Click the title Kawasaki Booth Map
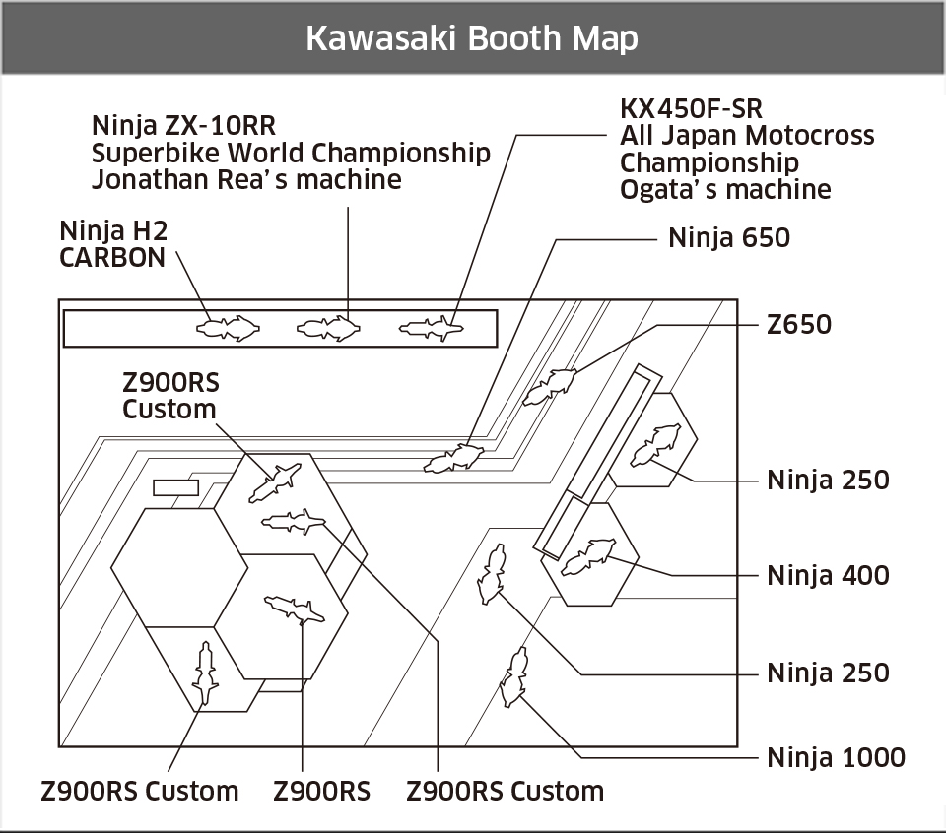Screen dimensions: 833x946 472,37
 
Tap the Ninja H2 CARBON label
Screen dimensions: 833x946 113,244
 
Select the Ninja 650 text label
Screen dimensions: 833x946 729,237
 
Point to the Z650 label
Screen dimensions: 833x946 799,324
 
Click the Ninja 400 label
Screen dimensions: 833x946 828,574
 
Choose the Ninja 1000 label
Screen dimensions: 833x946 836,757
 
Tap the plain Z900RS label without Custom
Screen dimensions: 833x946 321,791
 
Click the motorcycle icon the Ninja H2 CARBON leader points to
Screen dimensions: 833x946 229,327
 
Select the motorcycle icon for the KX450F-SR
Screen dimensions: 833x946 432,328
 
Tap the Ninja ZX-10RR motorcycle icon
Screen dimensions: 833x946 329,328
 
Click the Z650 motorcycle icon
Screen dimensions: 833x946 550,386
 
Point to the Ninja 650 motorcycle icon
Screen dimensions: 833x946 453,458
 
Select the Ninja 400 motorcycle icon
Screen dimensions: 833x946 587,556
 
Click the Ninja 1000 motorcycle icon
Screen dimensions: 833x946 512,676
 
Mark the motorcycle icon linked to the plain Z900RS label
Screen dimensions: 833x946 294,609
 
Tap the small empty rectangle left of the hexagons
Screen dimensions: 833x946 175,487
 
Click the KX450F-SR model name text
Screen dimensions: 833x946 691,108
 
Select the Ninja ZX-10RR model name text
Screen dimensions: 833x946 183,127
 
